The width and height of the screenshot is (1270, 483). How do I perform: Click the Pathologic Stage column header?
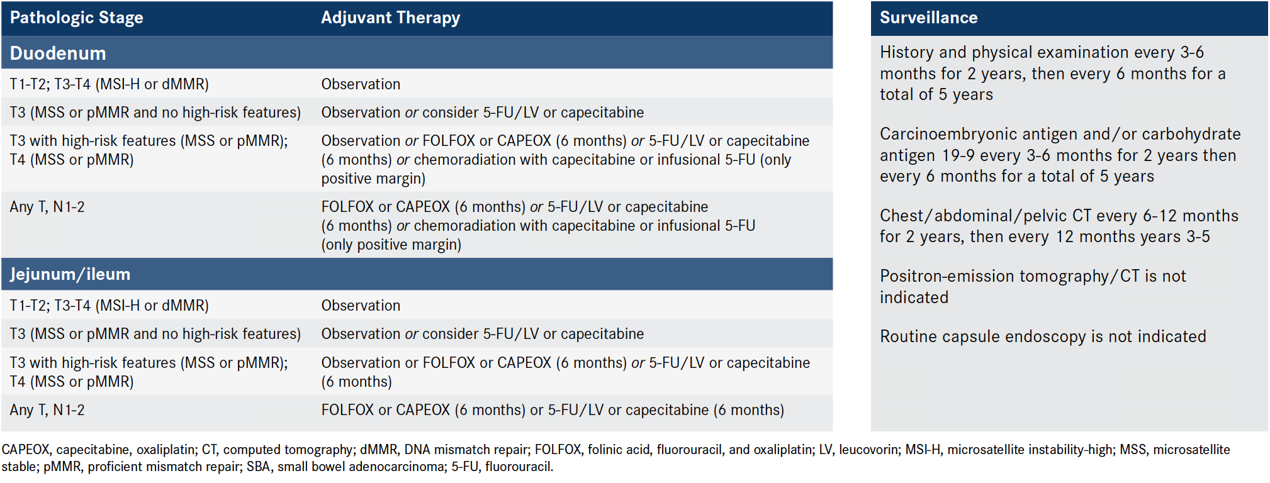[76, 18]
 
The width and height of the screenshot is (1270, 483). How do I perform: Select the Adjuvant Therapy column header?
[390, 18]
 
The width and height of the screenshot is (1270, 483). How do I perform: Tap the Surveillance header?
[928, 18]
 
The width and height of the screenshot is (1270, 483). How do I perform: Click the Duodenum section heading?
[58, 53]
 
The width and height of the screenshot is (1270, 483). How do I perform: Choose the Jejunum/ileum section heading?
[70, 274]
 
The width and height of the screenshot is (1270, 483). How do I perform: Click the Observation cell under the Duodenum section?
[361, 84]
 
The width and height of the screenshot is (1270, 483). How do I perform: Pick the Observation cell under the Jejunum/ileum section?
[361, 306]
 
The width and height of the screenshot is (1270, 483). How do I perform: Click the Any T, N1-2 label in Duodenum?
[47, 207]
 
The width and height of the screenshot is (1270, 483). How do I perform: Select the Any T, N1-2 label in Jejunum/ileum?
[47, 410]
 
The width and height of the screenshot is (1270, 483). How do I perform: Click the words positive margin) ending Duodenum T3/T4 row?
[373, 179]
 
